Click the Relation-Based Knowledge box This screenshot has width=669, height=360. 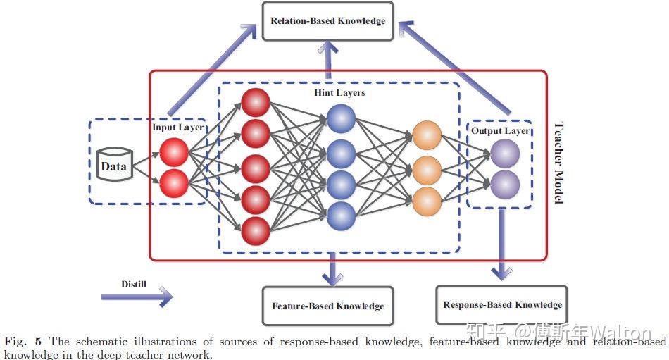pyautogui.click(x=327, y=21)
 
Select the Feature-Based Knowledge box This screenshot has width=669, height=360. pyautogui.click(x=327, y=306)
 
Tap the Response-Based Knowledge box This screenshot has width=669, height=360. pyautogui.click(x=501, y=305)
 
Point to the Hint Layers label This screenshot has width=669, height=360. pyautogui.click(x=339, y=92)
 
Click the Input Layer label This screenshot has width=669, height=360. pyautogui.click(x=178, y=128)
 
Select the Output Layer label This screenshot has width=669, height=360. pyautogui.click(x=501, y=131)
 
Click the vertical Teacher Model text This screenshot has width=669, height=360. pyautogui.click(x=557, y=163)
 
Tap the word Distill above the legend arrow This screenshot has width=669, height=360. pyautogui.click(x=134, y=285)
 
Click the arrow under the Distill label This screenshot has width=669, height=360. pyautogui.click(x=137, y=297)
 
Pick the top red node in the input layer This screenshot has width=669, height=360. pyautogui.click(x=173, y=152)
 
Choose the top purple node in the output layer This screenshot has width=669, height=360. pyautogui.click(x=504, y=154)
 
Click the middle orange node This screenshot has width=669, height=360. pyautogui.click(x=426, y=169)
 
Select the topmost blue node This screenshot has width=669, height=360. pyautogui.click(x=341, y=118)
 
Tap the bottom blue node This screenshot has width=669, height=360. pyautogui.click(x=341, y=215)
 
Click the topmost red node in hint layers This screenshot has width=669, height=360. pyautogui.click(x=255, y=102)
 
